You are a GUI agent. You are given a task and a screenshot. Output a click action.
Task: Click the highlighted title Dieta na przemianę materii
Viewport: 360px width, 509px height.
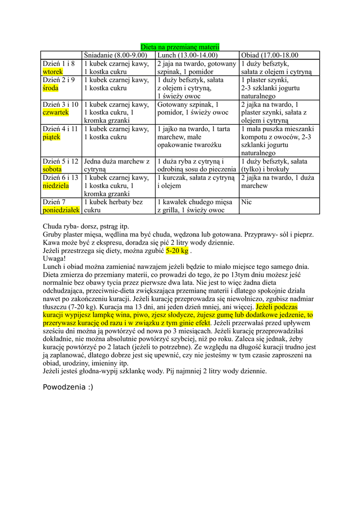(180, 47)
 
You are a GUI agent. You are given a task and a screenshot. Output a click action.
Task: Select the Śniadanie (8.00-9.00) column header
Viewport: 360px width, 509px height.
(116, 55)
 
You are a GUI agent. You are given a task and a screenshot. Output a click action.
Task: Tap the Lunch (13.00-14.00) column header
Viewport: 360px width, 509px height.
(187, 55)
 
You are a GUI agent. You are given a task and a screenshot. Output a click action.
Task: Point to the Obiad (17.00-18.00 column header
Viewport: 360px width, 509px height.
(270, 55)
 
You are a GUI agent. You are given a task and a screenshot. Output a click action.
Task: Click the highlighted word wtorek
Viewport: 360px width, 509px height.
(53, 72)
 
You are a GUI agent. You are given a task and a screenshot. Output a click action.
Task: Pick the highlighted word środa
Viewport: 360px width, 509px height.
(51, 88)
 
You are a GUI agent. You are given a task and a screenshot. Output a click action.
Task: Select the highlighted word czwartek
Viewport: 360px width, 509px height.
(56, 112)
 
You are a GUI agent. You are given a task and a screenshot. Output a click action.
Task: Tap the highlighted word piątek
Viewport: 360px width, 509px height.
(51, 137)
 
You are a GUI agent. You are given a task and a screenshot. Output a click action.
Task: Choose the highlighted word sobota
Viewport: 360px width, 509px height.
(52, 169)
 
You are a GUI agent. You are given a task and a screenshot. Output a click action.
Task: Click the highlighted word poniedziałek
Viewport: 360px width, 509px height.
(61, 210)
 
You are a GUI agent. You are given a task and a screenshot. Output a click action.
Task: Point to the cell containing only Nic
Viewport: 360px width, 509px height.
(246, 202)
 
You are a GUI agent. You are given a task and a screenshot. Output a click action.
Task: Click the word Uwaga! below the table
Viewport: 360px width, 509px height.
(54, 258)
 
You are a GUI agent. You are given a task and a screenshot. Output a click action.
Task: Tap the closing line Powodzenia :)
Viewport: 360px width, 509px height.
(68, 387)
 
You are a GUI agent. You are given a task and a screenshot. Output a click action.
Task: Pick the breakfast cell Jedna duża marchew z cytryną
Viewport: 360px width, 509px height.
(117, 165)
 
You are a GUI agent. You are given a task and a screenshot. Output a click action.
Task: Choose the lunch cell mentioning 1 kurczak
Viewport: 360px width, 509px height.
(195, 181)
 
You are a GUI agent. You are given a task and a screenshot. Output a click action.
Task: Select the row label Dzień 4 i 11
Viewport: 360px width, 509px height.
(60, 129)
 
